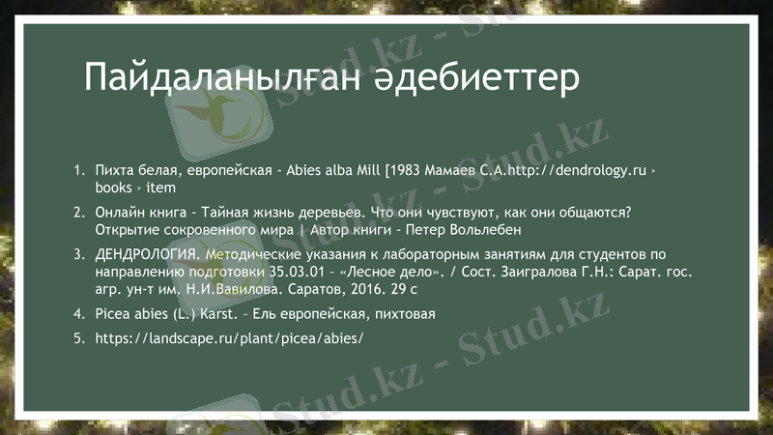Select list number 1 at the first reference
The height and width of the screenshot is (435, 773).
pyautogui.click(x=79, y=170)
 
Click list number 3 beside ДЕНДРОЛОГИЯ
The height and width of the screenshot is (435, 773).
pyautogui.click(x=79, y=254)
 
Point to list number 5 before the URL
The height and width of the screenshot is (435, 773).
pyautogui.click(x=79, y=339)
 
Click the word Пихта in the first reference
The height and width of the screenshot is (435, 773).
pyautogui.click(x=115, y=170)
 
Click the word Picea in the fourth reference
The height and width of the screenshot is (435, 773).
pyautogui.click(x=114, y=314)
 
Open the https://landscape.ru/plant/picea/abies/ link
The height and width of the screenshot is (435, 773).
pyautogui.click(x=230, y=339)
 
